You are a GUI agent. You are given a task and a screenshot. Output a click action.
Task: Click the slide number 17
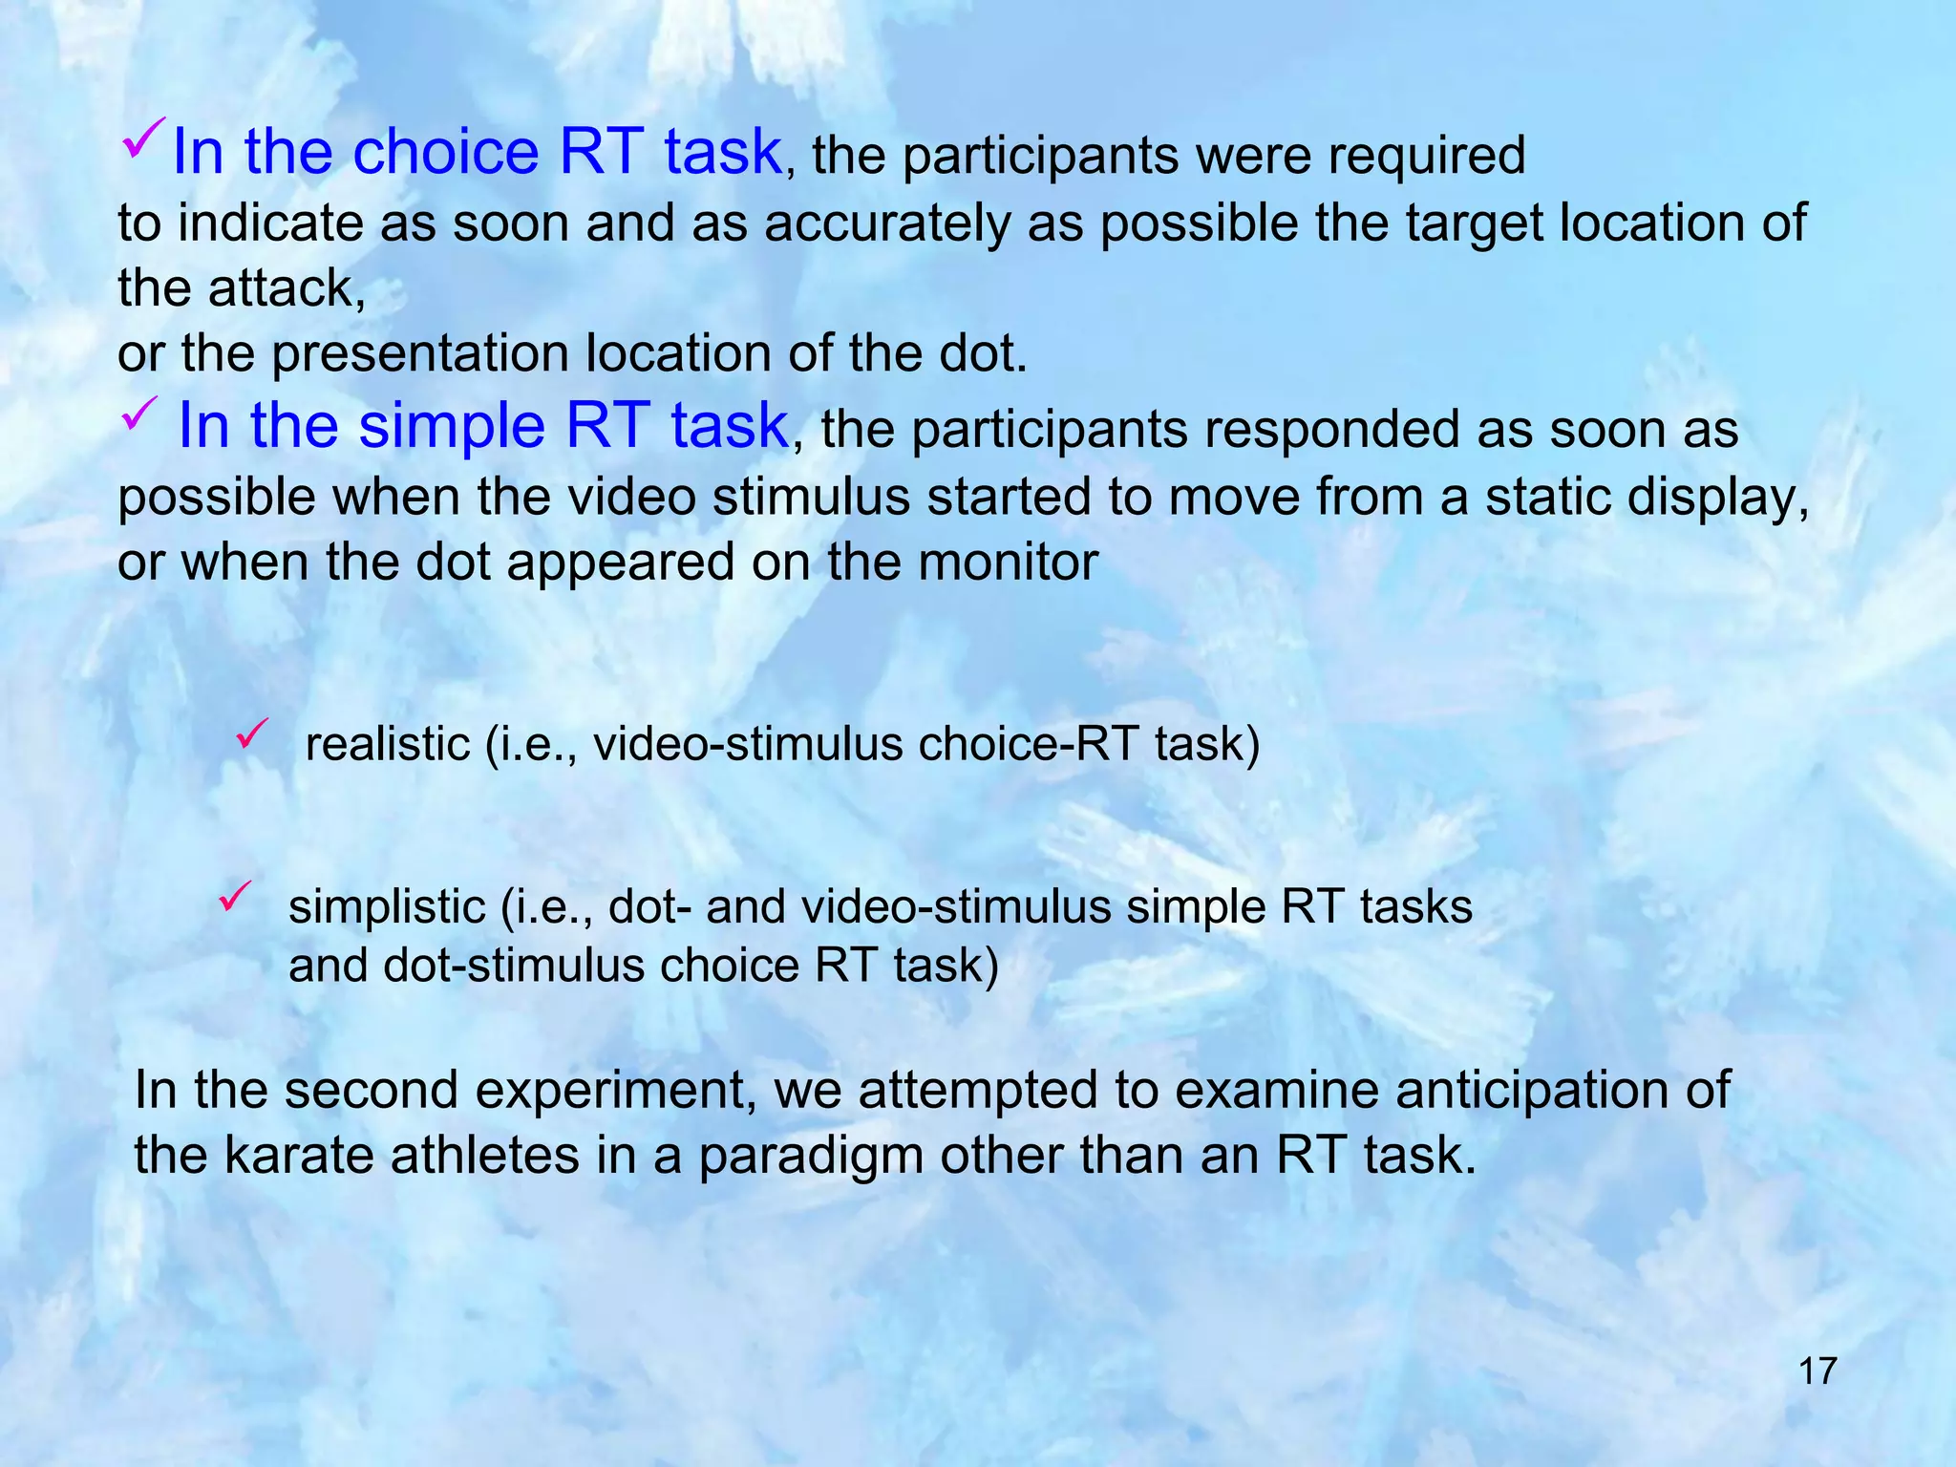(x=1817, y=1371)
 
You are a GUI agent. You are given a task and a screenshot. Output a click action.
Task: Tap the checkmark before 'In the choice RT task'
(x=145, y=139)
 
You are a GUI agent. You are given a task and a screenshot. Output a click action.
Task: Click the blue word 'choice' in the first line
(x=446, y=152)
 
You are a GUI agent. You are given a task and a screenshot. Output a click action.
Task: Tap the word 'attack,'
(x=287, y=288)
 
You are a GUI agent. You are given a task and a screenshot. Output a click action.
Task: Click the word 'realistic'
(x=388, y=744)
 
